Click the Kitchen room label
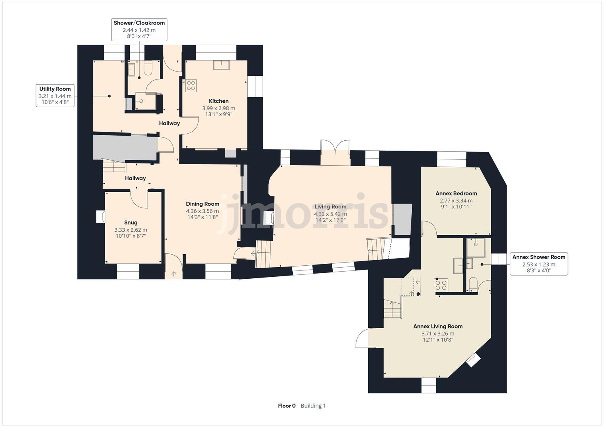pyautogui.click(x=218, y=101)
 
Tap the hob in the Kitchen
pyautogui.click(x=191, y=85)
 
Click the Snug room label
pyautogui.click(x=131, y=223)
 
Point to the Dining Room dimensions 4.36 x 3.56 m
pyautogui.click(x=203, y=211)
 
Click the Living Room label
pyautogui.click(x=330, y=207)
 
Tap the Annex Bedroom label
pyautogui.click(x=456, y=193)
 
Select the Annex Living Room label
pyautogui.click(x=438, y=327)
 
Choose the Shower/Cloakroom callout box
pyautogui.click(x=139, y=29)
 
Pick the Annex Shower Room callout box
pyautogui.click(x=539, y=264)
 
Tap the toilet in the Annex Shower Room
pyautogui.click(x=472, y=284)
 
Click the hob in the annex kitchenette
pyautogui.click(x=441, y=285)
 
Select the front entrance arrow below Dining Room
pyautogui.click(x=173, y=273)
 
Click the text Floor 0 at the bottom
pyautogui.click(x=287, y=406)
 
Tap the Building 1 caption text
pyautogui.click(x=313, y=406)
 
